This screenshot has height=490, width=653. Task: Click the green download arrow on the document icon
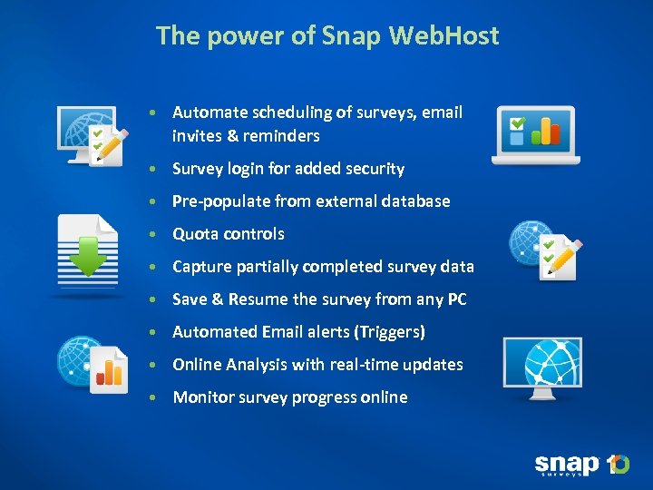pos(88,256)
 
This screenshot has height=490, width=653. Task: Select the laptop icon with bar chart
pos(535,134)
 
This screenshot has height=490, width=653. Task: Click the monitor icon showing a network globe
pos(542,365)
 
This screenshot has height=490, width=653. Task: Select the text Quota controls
pos(229,234)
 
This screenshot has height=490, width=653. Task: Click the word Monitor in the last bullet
pos(203,397)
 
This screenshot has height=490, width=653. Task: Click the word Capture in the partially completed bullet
pos(201,267)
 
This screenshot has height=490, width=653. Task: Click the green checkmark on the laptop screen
pos(517,122)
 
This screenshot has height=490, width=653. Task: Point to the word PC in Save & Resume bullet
pos(456,299)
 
